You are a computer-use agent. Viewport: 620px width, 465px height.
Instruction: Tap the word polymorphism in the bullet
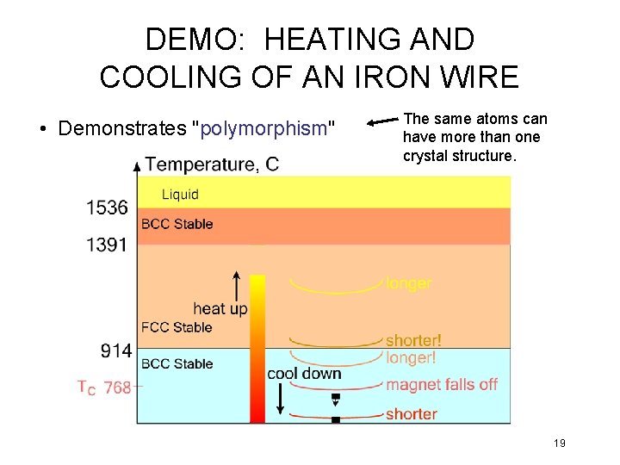(263, 129)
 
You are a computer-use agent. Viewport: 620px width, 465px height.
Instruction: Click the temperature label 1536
(107, 208)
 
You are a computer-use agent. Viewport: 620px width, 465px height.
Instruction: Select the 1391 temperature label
(107, 245)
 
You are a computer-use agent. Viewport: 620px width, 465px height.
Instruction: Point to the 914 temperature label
(115, 350)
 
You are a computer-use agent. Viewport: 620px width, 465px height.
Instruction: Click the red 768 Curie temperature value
(117, 388)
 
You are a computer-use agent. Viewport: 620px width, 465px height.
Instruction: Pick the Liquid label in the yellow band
(180, 195)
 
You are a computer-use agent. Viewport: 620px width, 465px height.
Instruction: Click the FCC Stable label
(177, 327)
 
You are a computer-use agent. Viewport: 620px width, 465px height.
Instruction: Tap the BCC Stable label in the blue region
(177, 363)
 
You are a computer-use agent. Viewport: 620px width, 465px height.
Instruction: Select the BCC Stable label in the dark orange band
(177, 224)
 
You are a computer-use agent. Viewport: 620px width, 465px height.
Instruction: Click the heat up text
(220, 308)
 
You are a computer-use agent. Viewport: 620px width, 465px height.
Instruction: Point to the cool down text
(304, 374)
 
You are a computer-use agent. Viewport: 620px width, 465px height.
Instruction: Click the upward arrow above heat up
(237, 282)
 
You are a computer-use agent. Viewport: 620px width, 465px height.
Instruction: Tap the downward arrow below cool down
(280, 399)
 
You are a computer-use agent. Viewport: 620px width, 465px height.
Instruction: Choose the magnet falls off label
(442, 385)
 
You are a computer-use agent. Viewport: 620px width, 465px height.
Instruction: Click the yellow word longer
(409, 283)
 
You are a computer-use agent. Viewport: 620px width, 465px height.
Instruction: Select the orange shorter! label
(413, 341)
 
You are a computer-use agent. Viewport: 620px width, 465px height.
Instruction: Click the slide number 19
(559, 443)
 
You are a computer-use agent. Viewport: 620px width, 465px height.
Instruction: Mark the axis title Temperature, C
(212, 164)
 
